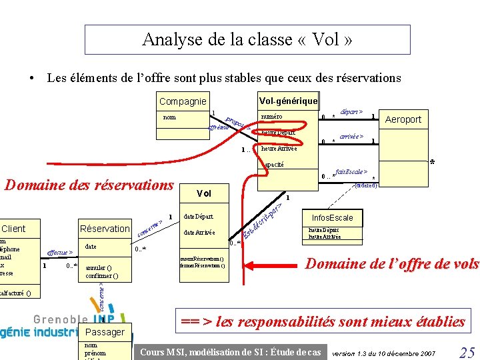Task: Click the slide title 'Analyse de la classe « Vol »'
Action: click(247, 39)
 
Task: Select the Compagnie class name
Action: click(183, 101)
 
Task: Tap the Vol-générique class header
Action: click(288, 100)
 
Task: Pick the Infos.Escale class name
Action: click(332, 218)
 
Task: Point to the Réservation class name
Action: click(105, 229)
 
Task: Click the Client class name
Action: click(13, 229)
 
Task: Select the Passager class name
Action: click(105, 331)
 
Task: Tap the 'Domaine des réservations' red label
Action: click(89, 185)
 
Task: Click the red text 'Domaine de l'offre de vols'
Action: click(391, 264)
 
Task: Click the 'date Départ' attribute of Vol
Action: click(199, 217)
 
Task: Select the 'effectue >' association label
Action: click(59, 253)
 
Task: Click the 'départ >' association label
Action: click(351, 112)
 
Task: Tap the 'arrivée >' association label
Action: click(351, 136)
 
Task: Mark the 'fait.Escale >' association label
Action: click(352, 171)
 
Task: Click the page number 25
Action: click(467, 352)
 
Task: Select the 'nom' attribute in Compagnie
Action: click(170, 117)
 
